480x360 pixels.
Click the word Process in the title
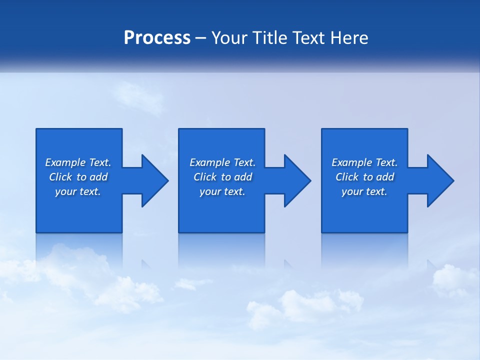pos(157,38)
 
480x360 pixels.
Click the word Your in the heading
pos(230,38)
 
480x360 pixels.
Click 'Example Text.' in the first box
pos(78,162)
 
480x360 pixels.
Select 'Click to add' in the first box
pos(78,177)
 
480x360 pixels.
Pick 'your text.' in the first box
pos(78,191)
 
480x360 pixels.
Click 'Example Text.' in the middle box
pos(222,162)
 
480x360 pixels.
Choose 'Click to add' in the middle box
pos(222,177)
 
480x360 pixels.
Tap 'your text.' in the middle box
pos(222,191)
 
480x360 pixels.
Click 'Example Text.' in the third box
pos(364,162)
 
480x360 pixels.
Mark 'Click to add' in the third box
pos(364,177)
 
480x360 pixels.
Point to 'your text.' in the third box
pos(364,191)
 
